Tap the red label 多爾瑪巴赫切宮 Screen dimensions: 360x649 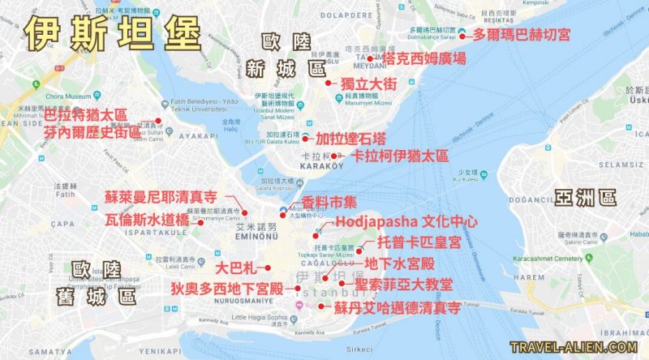[x=522, y=35]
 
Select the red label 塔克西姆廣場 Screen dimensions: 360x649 [x=425, y=58]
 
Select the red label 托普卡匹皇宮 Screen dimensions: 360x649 [x=419, y=242]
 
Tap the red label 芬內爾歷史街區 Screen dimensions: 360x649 [x=92, y=131]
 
